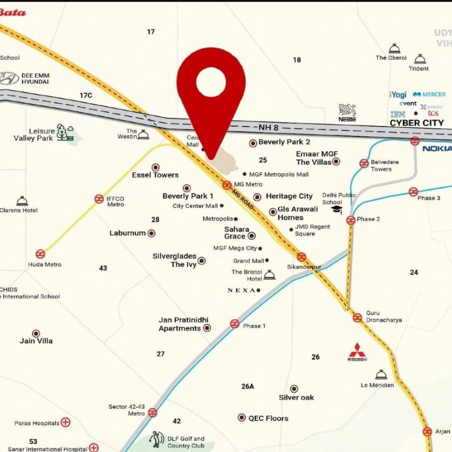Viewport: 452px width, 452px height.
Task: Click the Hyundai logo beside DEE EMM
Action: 9,79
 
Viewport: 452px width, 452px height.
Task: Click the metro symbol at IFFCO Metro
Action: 99,199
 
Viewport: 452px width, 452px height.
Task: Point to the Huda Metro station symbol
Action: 41,254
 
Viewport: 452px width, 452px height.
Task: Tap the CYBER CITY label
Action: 417,123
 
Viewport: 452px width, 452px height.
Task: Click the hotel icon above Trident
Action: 420,59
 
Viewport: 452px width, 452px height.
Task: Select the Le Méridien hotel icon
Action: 381,375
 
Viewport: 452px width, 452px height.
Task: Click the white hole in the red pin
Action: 211,82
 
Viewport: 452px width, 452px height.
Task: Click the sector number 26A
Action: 248,386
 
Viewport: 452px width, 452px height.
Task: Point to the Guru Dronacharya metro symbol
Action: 358,318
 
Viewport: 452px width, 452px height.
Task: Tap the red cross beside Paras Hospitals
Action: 66,423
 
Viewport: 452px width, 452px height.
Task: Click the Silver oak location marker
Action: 294,389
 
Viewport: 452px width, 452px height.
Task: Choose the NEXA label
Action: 241,290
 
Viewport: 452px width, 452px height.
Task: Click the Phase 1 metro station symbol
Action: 235,324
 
